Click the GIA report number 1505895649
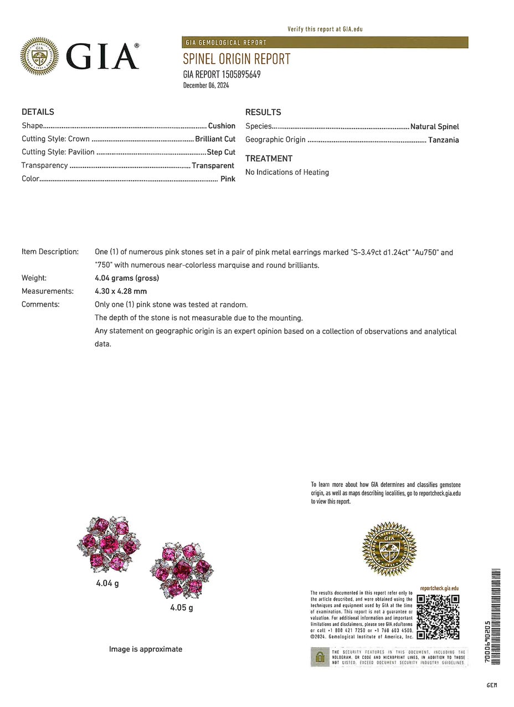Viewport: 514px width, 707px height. click(222, 74)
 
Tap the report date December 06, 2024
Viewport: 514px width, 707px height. click(206, 85)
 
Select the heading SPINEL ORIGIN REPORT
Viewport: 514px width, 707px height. click(237, 59)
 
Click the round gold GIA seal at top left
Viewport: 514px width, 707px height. click(39, 55)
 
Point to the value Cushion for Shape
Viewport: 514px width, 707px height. click(222, 126)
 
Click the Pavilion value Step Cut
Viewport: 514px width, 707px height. click(221, 152)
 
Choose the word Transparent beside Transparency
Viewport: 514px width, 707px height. click(213, 166)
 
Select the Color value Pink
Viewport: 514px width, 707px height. click(228, 179)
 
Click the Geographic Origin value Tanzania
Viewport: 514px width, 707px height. click(443, 140)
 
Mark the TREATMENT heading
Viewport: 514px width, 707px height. click(269, 159)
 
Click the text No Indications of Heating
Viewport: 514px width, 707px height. click(287, 172)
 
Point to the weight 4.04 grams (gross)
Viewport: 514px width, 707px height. click(127, 278)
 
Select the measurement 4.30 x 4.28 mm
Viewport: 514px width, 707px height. click(121, 291)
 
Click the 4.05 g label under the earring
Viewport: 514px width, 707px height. click(182, 607)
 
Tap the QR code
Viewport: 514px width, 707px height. click(438, 617)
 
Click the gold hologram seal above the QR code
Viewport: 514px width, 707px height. click(389, 549)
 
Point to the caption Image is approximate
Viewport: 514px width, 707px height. click(146, 649)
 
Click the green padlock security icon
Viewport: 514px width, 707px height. click(320, 657)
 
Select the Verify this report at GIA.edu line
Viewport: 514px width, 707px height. click(325, 29)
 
